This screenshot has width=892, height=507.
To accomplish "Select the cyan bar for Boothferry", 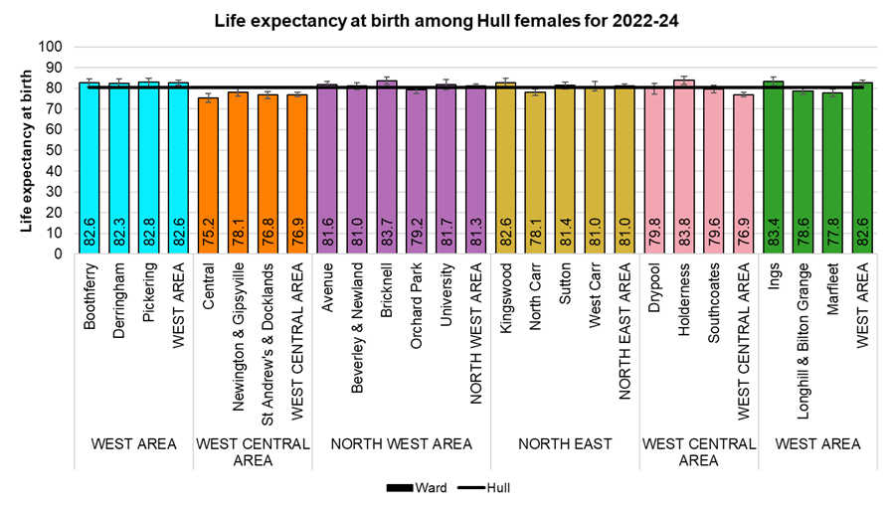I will pos(89,169).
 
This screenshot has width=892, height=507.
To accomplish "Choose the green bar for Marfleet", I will pos(833,174).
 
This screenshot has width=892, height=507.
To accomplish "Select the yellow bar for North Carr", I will pos(535,174).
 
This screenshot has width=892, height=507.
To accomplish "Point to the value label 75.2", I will pos(209,237).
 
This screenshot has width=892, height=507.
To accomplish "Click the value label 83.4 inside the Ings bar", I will pos(774,237).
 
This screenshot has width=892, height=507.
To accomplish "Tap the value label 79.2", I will pos(417,237).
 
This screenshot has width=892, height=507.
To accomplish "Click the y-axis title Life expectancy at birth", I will pos(27,150).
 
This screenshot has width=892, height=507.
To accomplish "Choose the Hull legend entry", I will pos(484,488).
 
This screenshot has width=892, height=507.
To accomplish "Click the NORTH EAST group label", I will pos(565,444).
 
